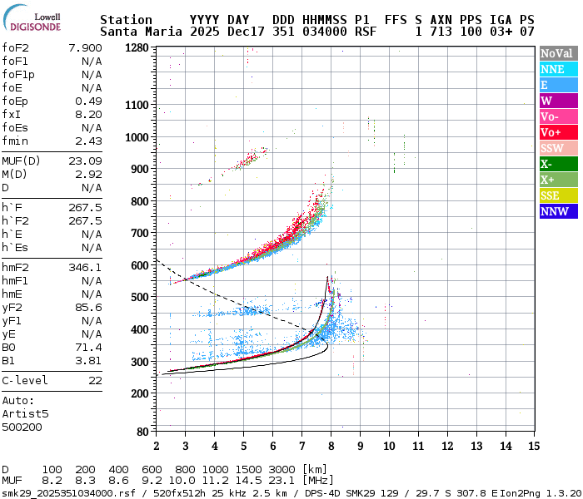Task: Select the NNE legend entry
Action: [552, 69]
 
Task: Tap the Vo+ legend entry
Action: [552, 132]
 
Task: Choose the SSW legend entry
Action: [552, 148]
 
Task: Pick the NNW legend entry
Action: [552, 211]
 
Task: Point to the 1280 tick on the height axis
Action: [137, 48]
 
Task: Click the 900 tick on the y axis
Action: [140, 169]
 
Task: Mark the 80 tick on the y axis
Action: [143, 432]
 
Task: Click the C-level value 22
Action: [95, 380]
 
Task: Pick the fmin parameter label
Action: [16, 141]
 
